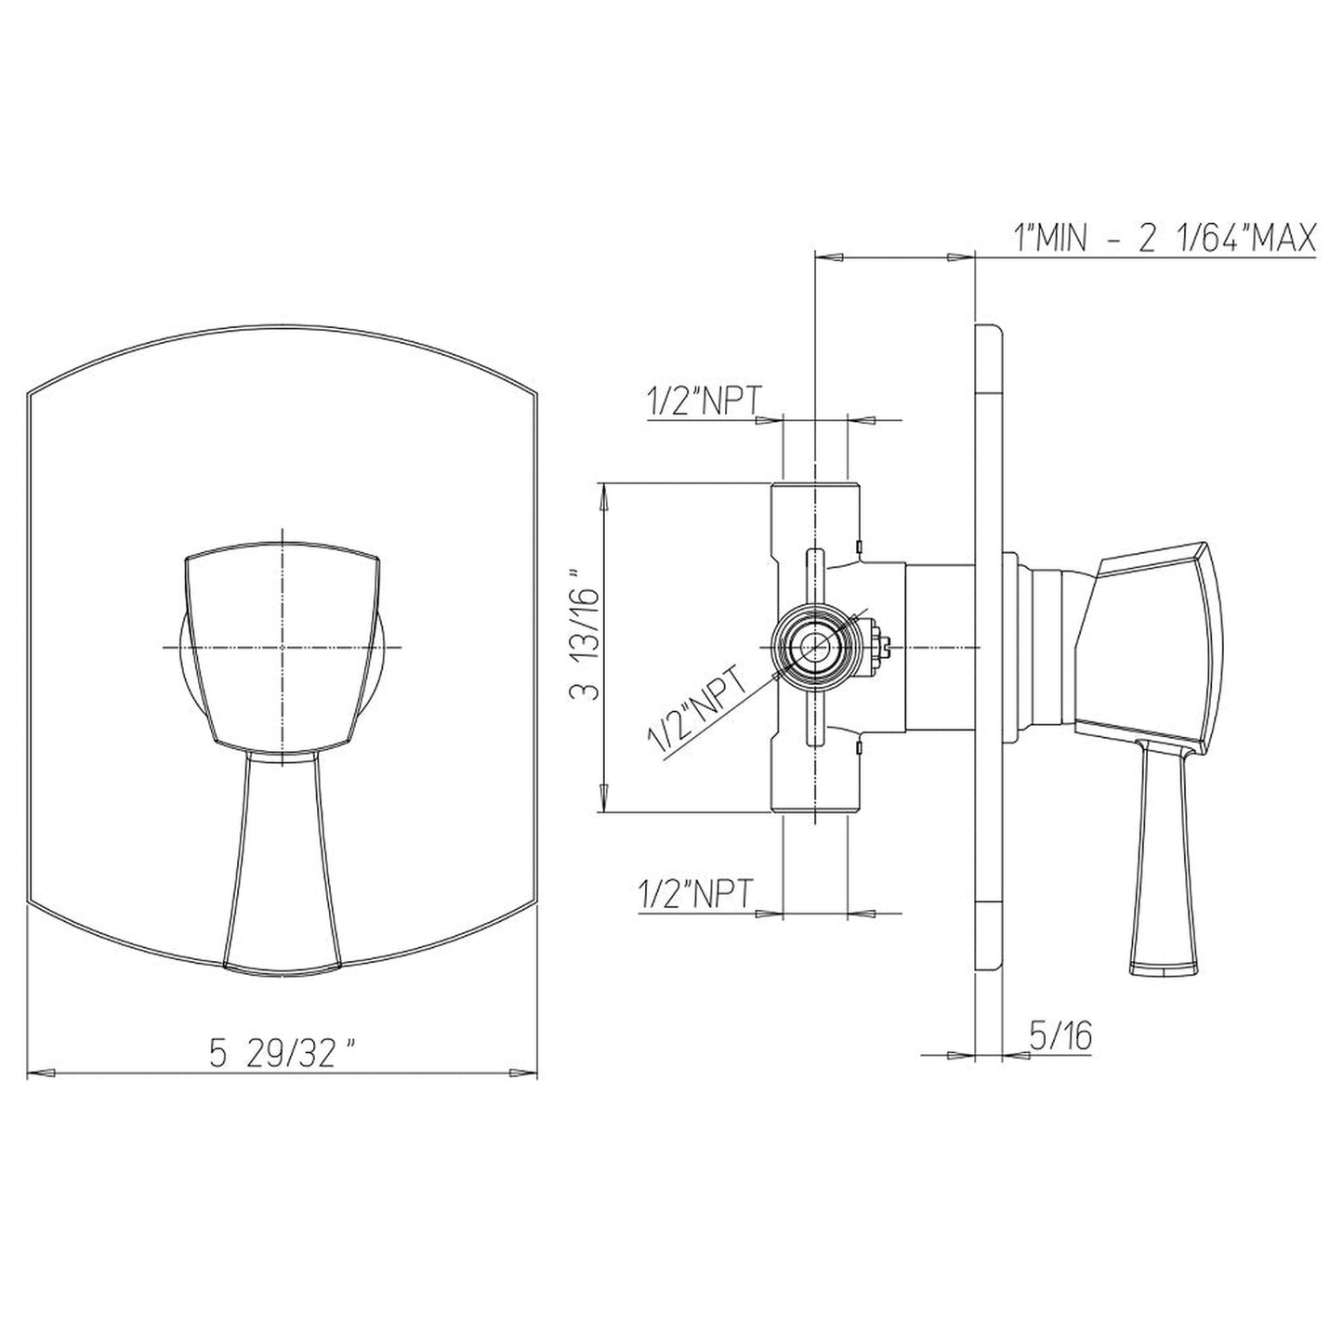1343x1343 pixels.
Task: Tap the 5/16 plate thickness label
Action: (1060, 1034)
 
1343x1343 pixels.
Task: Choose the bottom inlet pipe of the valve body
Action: (815, 781)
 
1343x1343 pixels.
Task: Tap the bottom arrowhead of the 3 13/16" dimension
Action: (605, 801)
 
